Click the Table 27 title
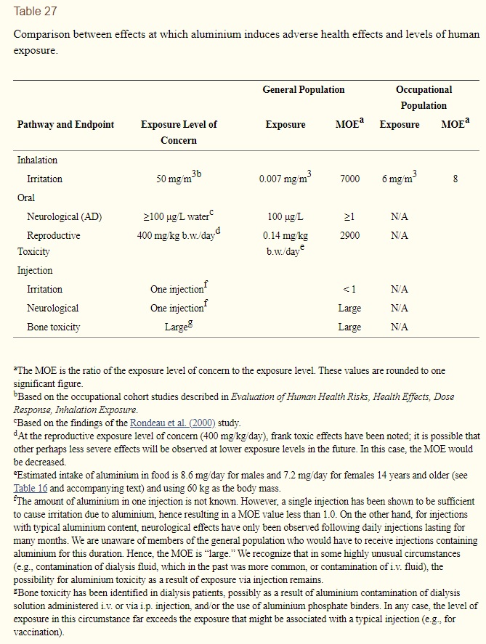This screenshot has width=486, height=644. (x=35, y=12)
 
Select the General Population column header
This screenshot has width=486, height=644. (x=304, y=90)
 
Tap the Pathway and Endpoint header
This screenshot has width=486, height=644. (x=65, y=125)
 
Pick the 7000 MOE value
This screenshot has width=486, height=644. (x=349, y=179)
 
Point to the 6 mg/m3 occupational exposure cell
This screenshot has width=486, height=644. (x=399, y=179)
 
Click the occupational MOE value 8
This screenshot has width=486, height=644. (x=455, y=179)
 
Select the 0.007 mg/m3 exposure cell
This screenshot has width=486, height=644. (x=285, y=179)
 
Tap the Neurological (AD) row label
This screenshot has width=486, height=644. (x=64, y=217)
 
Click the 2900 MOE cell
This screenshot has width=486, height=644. (x=349, y=236)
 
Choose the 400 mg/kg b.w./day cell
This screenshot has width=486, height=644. (x=178, y=235)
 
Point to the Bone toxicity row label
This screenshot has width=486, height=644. (x=53, y=327)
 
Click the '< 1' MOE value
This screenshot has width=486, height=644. (x=349, y=290)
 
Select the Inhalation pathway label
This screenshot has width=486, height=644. (x=37, y=160)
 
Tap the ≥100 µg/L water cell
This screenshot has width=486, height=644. (x=178, y=217)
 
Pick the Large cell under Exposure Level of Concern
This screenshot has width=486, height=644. (x=178, y=327)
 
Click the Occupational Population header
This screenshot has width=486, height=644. (x=424, y=97)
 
